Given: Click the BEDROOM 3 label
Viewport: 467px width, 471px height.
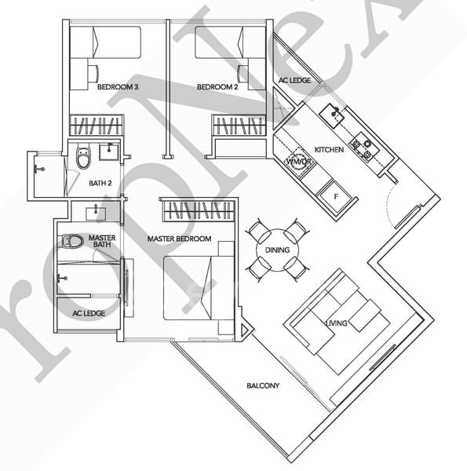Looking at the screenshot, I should (118, 87).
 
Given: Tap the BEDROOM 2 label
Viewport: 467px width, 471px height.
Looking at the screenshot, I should (217, 87).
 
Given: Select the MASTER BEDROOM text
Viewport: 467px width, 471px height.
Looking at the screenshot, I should (179, 238).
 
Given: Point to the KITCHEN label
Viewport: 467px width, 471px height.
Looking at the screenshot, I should (329, 149).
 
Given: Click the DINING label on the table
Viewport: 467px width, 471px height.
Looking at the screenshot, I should (277, 250).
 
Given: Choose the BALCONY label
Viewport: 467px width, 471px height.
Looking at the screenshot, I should (263, 385).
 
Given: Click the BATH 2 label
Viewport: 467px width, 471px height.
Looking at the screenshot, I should (100, 184).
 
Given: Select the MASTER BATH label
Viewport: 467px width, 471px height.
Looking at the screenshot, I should (102, 241).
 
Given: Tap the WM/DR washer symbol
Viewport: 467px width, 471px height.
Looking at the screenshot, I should (297, 162).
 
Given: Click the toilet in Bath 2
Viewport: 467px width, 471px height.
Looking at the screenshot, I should (83, 159).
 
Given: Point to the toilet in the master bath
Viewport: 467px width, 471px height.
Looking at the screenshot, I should (72, 240).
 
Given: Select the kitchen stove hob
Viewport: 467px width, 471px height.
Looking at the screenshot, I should (362, 147).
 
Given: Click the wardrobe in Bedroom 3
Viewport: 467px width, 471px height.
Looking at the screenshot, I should (97, 125).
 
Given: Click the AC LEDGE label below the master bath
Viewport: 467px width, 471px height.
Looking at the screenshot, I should (88, 312).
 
